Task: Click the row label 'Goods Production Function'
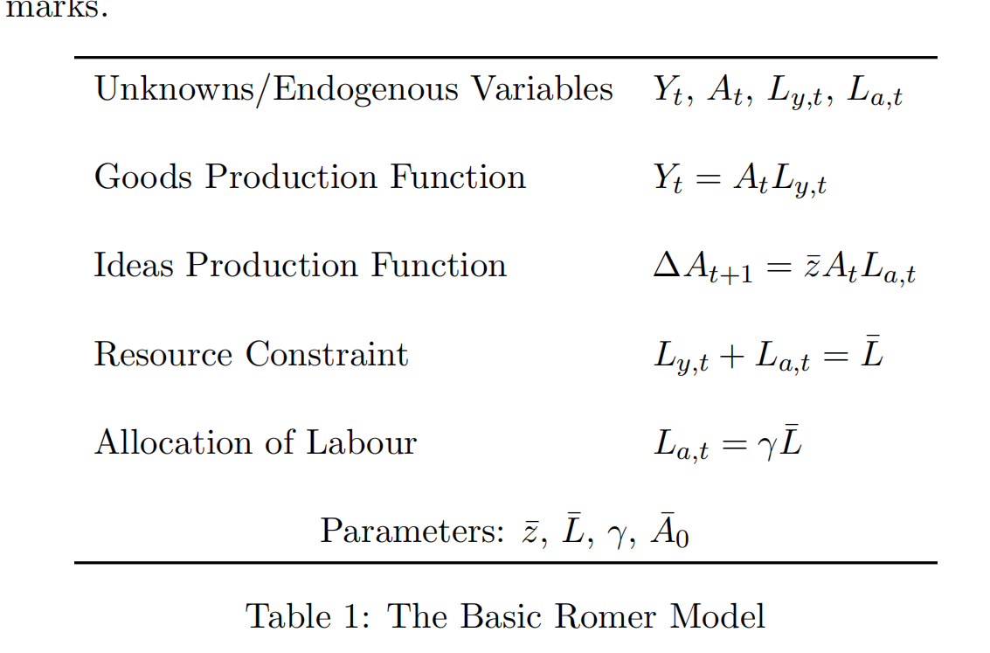[x=310, y=177]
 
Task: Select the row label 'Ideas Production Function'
[x=300, y=266]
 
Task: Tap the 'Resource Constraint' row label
[x=251, y=355]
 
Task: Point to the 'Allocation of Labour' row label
[x=255, y=442]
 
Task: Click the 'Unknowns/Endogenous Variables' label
[x=354, y=89]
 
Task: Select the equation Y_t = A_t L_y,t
[x=739, y=180]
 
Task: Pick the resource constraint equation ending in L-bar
[x=768, y=357]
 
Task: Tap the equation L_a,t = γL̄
[x=728, y=445]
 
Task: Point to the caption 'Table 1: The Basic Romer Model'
[x=505, y=616]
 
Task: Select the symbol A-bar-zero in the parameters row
[x=670, y=531]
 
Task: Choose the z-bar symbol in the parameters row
[x=530, y=531]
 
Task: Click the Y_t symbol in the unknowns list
[x=668, y=91]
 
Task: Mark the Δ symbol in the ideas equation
[x=668, y=266]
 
